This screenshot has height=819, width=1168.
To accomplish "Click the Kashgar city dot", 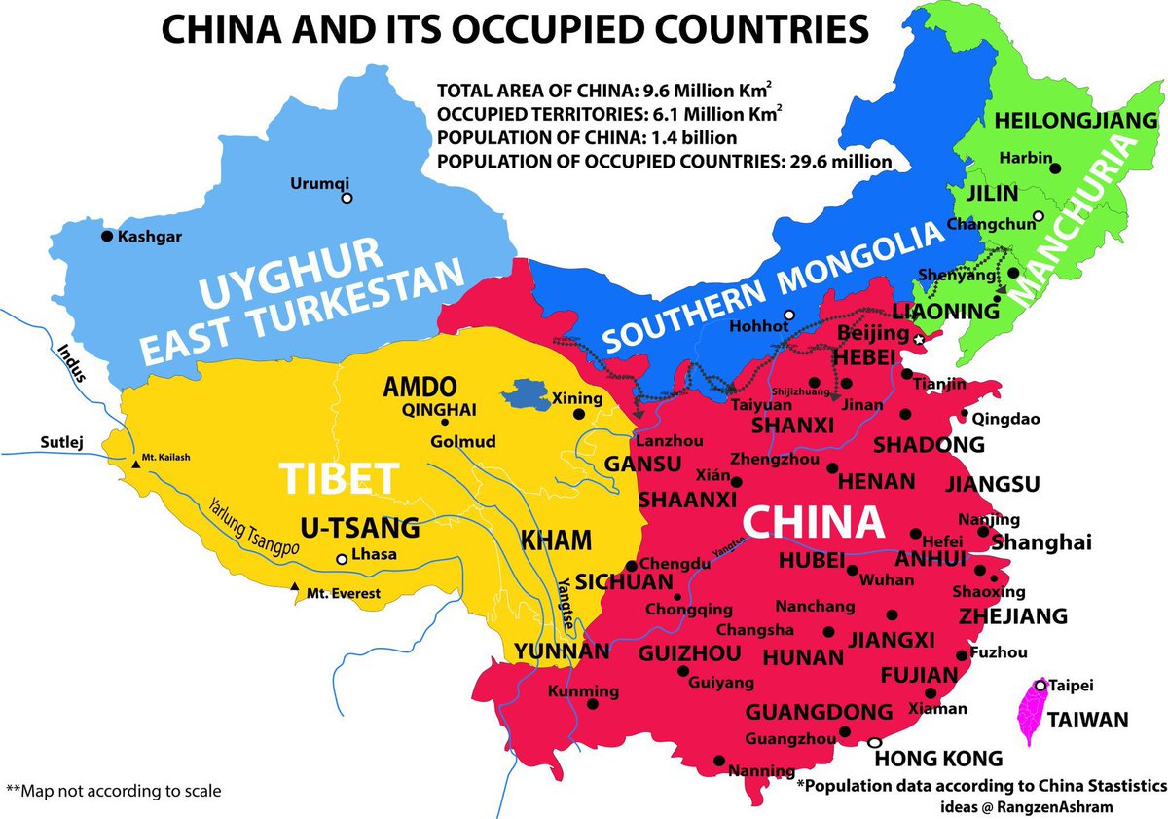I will [107, 236].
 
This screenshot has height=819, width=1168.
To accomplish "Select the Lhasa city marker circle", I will [341, 560].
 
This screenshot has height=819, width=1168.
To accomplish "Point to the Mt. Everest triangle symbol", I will [295, 586].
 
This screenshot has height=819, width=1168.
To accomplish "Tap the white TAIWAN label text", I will [1086, 721].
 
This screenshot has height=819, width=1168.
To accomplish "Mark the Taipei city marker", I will [1040, 686].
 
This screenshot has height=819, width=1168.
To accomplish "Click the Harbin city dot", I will [1056, 168].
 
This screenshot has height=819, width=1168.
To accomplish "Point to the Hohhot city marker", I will [789, 315].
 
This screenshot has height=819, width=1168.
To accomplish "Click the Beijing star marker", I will [919, 338].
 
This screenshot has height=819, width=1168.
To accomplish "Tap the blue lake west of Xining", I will [527, 394].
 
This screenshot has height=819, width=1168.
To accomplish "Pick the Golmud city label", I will [463, 441].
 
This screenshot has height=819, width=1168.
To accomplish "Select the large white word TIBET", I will [340, 478].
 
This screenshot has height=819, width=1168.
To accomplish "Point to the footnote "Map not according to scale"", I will [114, 790].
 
